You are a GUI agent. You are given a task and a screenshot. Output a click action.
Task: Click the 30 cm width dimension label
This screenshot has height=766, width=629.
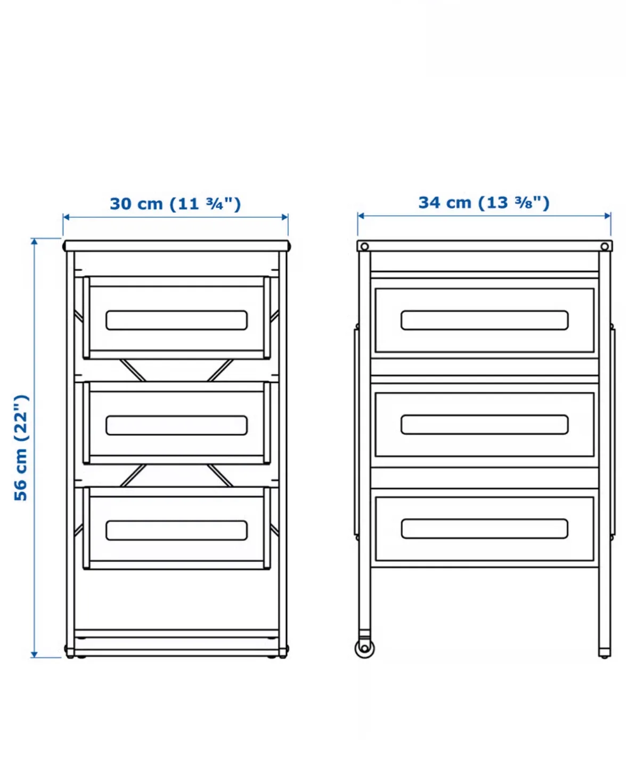[x=175, y=204]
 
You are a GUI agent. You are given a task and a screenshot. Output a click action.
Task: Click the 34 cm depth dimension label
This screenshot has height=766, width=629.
[x=484, y=203]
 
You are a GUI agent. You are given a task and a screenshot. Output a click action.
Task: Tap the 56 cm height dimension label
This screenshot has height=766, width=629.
[x=21, y=447]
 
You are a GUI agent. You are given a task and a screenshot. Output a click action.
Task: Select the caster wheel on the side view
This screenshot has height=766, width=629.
[x=364, y=647]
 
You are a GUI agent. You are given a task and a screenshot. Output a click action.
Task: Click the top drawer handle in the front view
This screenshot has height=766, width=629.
[x=176, y=320]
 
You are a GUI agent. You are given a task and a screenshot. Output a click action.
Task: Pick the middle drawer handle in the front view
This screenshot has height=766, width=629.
[x=176, y=425]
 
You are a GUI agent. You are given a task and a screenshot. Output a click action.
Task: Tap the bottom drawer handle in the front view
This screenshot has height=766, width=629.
[x=176, y=530]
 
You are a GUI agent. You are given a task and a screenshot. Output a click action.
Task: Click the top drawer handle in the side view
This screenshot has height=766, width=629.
[x=484, y=320]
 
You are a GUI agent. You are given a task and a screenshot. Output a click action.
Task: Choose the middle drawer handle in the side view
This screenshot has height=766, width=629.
[x=484, y=424]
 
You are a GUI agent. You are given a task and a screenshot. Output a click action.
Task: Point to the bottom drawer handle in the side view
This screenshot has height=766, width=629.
[x=484, y=529]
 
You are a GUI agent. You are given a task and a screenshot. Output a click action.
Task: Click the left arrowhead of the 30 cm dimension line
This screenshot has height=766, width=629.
[x=66, y=217]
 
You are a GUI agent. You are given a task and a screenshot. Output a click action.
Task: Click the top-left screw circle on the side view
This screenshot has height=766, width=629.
[x=364, y=247]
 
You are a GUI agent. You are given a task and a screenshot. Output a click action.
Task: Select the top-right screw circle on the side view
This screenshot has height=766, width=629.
[x=605, y=247]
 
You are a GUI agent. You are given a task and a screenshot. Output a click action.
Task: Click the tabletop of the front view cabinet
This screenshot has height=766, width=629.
[x=176, y=246]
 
